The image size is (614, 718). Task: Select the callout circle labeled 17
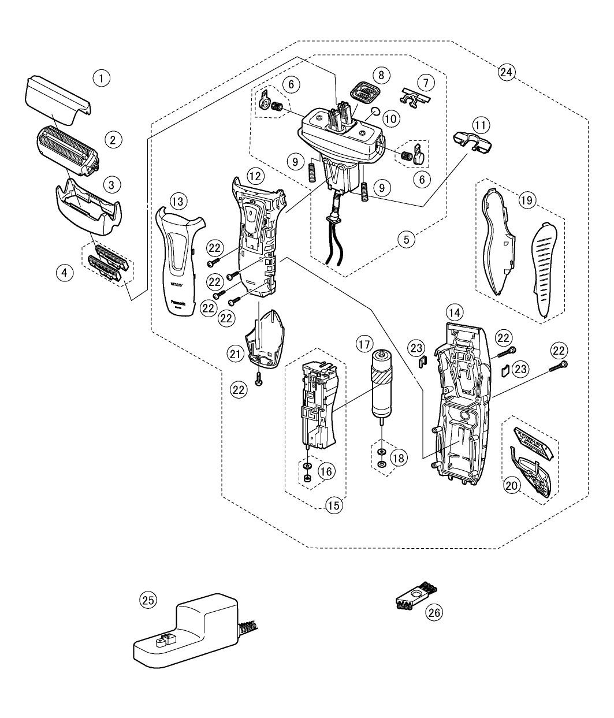[363, 345]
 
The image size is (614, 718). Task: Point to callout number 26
[434, 612]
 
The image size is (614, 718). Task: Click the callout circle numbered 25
[148, 601]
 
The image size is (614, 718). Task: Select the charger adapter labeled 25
[191, 633]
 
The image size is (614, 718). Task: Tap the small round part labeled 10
[374, 111]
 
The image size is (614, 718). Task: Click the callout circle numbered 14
[455, 312]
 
